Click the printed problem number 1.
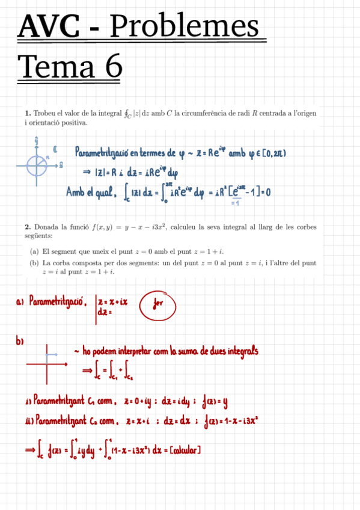(27, 113)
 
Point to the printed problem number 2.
(27, 227)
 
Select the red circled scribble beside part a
(157, 306)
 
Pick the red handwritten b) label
(20, 342)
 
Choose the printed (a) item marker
(35, 251)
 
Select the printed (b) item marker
(35, 263)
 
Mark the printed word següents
(37, 236)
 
